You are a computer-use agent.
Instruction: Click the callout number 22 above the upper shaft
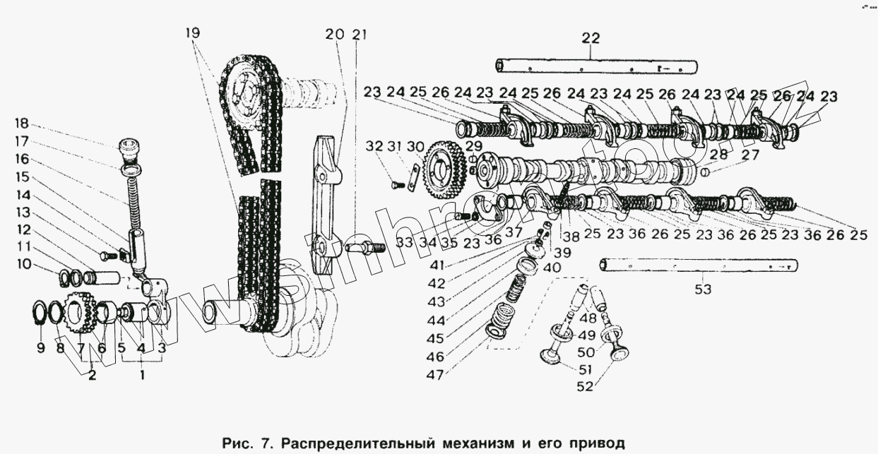coord(589,38)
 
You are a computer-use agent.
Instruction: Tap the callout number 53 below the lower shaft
coord(703,289)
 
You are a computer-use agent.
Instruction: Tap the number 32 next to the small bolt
coord(374,147)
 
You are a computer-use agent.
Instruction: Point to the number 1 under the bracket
coord(142,376)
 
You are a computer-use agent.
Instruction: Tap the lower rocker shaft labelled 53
coord(699,265)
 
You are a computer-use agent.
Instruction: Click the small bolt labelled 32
coord(396,185)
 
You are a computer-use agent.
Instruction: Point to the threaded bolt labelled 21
coord(364,249)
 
